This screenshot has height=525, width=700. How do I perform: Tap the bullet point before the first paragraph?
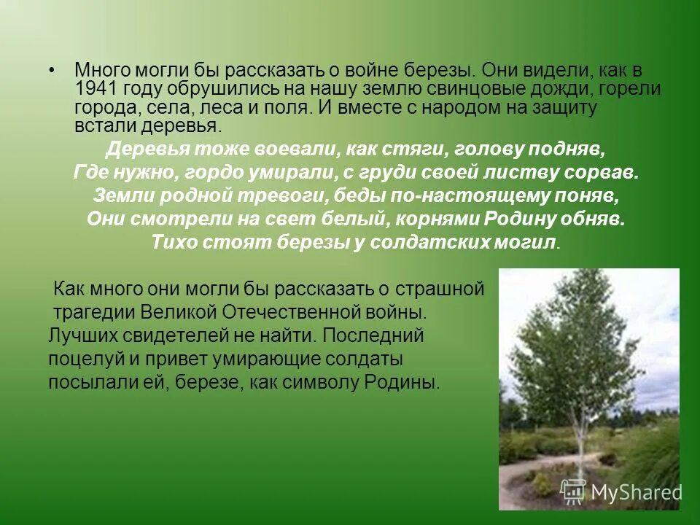click(51, 71)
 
